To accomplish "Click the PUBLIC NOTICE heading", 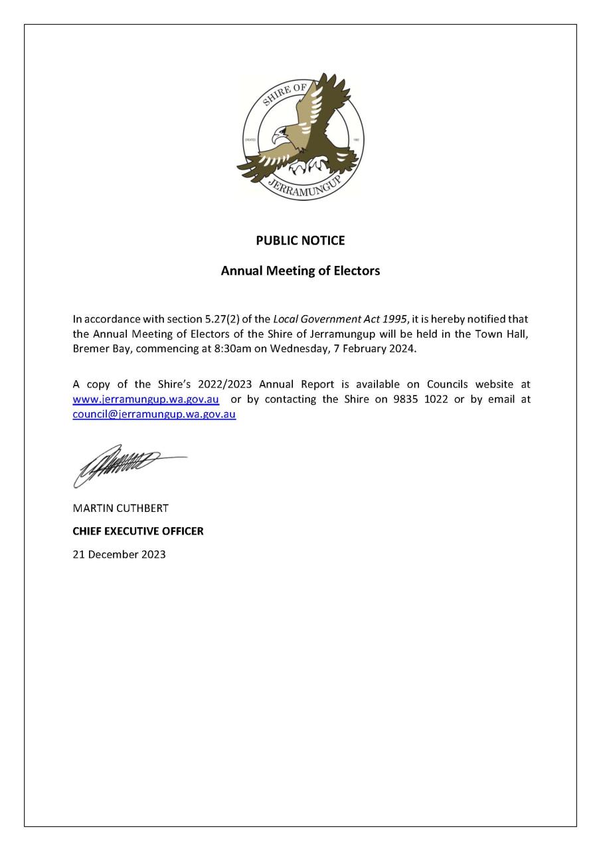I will coord(300,241).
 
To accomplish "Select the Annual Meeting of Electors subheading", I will coord(300,271).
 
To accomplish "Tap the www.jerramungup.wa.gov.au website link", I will coord(146,400).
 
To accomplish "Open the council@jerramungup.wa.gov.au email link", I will coord(154,414).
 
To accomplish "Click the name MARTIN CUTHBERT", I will coord(120,509).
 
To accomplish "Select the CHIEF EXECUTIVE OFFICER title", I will coord(138,531).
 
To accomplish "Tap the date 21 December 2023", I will coord(119,554).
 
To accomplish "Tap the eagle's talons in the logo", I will coord(309,164).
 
